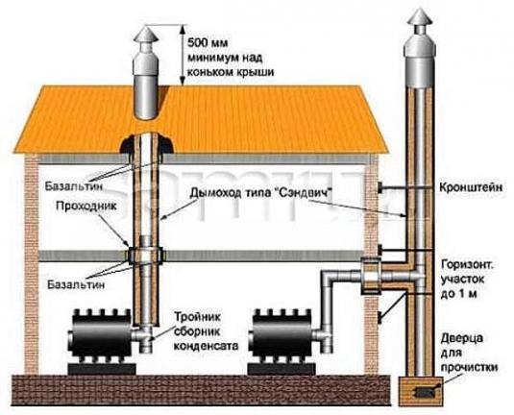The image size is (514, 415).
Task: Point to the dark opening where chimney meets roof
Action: [x=144, y=144]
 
